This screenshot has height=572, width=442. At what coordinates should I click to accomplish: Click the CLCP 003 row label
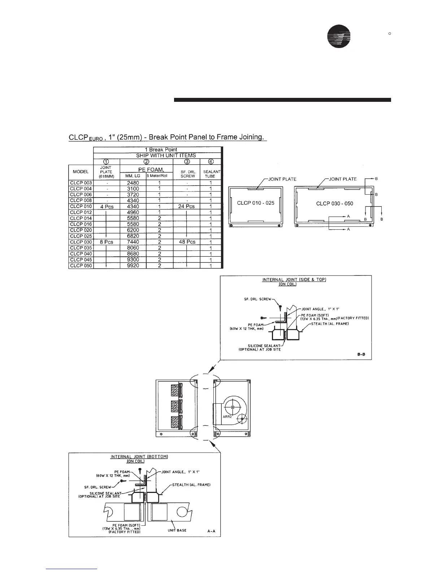click(81, 183)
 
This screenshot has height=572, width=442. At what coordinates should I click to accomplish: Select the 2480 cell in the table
click(133, 183)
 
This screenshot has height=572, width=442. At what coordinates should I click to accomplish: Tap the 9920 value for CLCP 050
click(133, 266)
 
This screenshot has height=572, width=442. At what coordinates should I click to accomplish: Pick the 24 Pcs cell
click(186, 207)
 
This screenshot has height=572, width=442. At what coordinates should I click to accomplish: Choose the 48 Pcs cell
click(187, 242)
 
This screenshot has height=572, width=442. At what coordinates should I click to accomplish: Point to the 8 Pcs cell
click(107, 242)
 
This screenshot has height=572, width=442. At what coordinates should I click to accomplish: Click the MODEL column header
click(81, 172)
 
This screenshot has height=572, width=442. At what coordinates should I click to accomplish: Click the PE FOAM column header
click(151, 169)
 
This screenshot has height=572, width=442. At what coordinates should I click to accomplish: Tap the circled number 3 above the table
click(187, 161)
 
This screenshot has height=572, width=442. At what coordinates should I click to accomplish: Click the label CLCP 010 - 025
click(256, 203)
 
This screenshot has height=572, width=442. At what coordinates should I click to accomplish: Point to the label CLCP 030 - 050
click(334, 204)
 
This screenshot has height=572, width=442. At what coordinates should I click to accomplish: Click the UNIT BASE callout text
click(177, 530)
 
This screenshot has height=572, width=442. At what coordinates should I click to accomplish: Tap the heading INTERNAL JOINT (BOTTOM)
click(139, 456)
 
